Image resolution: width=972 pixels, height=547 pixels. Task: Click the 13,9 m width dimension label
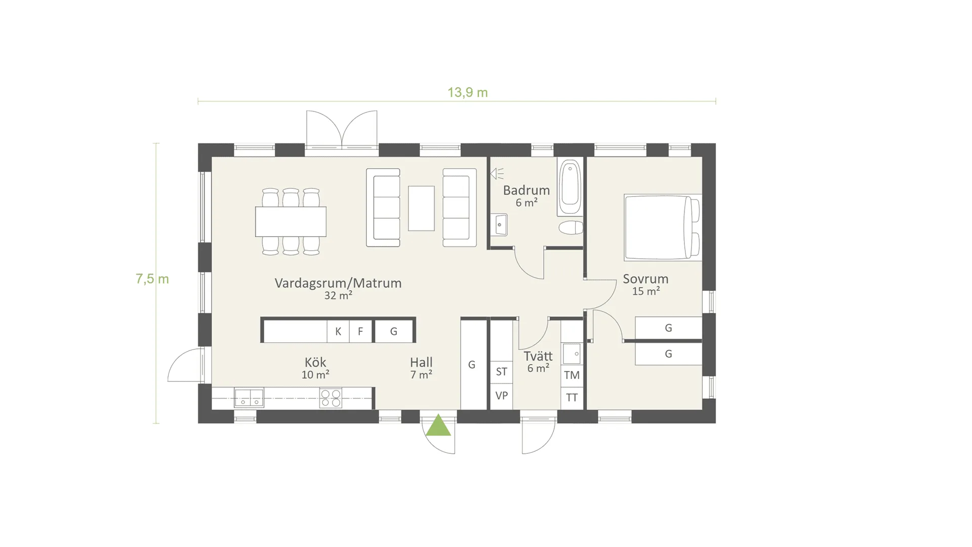pos(467,92)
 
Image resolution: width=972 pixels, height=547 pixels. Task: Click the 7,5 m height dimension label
pos(152,279)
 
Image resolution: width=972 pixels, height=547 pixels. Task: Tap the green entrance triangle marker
pos(438,425)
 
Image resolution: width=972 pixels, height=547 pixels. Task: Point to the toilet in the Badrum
pos(571,227)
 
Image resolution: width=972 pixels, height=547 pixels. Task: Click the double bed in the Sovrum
pos(663,227)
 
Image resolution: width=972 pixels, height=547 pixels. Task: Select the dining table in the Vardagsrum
pos(291,221)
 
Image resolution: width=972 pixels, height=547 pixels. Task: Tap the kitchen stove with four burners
pos(331,398)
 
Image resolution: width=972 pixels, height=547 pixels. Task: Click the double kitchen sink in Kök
pos(249,398)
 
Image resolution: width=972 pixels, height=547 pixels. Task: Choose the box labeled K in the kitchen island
pos(338,331)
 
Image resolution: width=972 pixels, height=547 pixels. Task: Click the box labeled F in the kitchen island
pos(360,331)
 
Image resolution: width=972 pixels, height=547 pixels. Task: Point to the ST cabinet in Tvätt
pos(502,372)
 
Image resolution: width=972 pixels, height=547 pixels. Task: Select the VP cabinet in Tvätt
pos(502,396)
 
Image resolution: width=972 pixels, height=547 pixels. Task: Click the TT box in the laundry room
pos(572,398)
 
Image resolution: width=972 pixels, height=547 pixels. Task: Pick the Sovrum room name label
pos(645,279)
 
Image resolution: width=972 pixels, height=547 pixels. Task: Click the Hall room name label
pos(421,363)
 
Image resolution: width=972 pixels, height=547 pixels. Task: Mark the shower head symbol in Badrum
pos(497,174)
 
